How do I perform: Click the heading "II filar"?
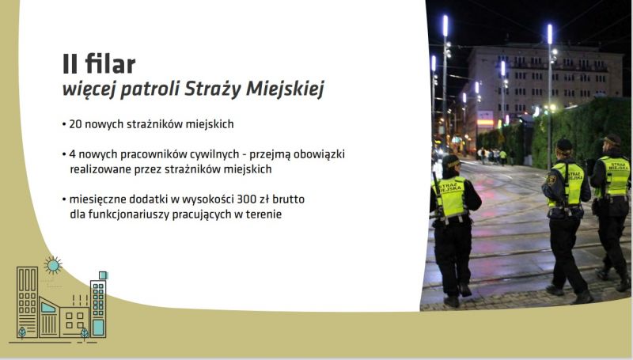(x=99, y=64)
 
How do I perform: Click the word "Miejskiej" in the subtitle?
(x=285, y=89)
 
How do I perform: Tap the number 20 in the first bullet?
(x=75, y=124)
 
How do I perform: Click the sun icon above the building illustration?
(x=53, y=265)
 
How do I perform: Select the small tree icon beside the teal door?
(x=84, y=333)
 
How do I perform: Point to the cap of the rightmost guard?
(x=612, y=139)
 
